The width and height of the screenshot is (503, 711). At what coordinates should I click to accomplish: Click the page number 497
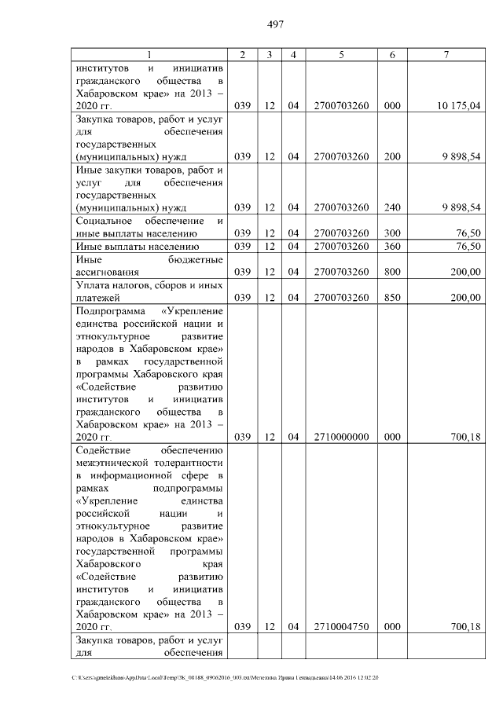coord(275,24)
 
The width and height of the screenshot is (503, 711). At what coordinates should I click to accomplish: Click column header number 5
coord(341,54)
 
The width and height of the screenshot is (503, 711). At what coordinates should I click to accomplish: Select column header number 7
coord(446,54)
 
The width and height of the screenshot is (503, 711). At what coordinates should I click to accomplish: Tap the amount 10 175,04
coord(459,105)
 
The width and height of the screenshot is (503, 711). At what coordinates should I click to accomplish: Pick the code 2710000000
coord(341,437)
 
